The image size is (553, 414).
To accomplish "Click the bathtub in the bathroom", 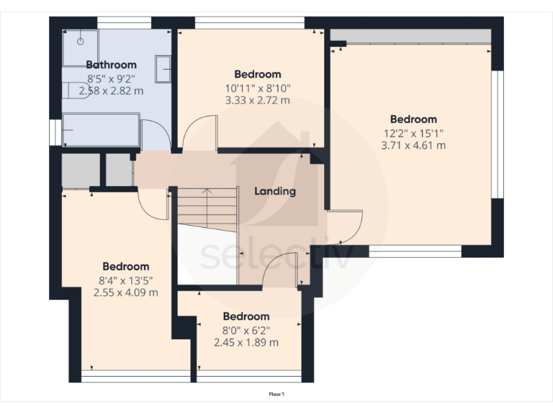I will (101, 129).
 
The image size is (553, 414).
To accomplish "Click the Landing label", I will (275, 191).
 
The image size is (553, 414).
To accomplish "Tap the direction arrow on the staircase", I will (207, 192).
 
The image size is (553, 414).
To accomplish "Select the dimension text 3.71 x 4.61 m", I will (413, 144).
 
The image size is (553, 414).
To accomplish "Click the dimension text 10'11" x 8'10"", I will (257, 88).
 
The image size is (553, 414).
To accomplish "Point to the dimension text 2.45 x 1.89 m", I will (246, 342).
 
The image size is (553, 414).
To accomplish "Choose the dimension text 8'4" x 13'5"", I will (125, 280).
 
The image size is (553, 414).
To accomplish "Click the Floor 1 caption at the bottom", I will (276, 395).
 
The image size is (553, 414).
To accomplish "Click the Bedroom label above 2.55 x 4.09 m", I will (125, 267).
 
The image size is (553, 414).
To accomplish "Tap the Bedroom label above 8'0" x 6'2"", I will (246, 316).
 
